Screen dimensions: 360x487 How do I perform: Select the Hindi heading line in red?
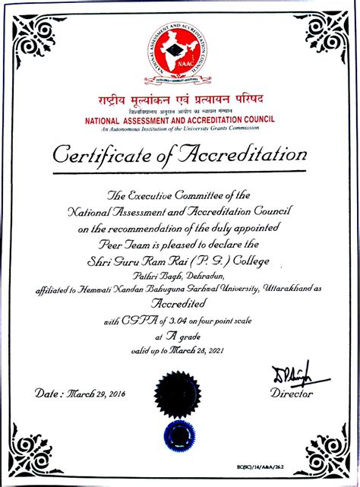(x=179, y=101)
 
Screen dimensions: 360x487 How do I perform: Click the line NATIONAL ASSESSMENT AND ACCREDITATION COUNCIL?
(x=179, y=120)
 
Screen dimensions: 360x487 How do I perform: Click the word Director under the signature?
(x=291, y=394)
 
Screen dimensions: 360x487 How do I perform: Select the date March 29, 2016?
(x=92, y=394)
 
